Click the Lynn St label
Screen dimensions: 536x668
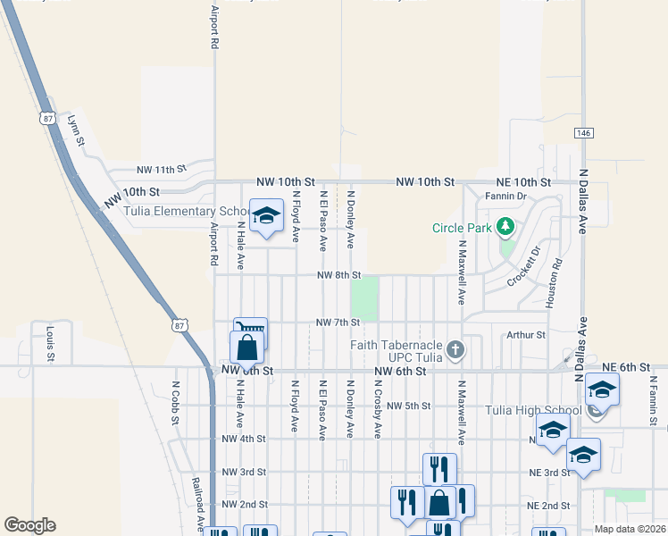[x=75, y=129]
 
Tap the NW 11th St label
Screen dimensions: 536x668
[x=161, y=168]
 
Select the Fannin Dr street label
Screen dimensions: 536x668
[x=506, y=196]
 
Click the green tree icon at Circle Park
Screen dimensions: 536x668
[x=505, y=226]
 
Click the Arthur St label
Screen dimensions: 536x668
[x=525, y=335]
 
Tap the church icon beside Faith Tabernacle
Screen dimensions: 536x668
[x=456, y=349]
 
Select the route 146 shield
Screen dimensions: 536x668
[x=583, y=133]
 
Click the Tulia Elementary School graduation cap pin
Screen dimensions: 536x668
[x=265, y=215]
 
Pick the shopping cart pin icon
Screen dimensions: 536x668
[x=251, y=330]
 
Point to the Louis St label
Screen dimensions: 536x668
[x=50, y=343]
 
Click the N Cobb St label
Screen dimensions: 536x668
[x=175, y=403]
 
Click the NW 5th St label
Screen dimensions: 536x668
[x=409, y=406]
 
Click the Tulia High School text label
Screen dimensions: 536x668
[x=534, y=410]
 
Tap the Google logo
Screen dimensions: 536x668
[x=29, y=525]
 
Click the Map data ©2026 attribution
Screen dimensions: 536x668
[x=630, y=529]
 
